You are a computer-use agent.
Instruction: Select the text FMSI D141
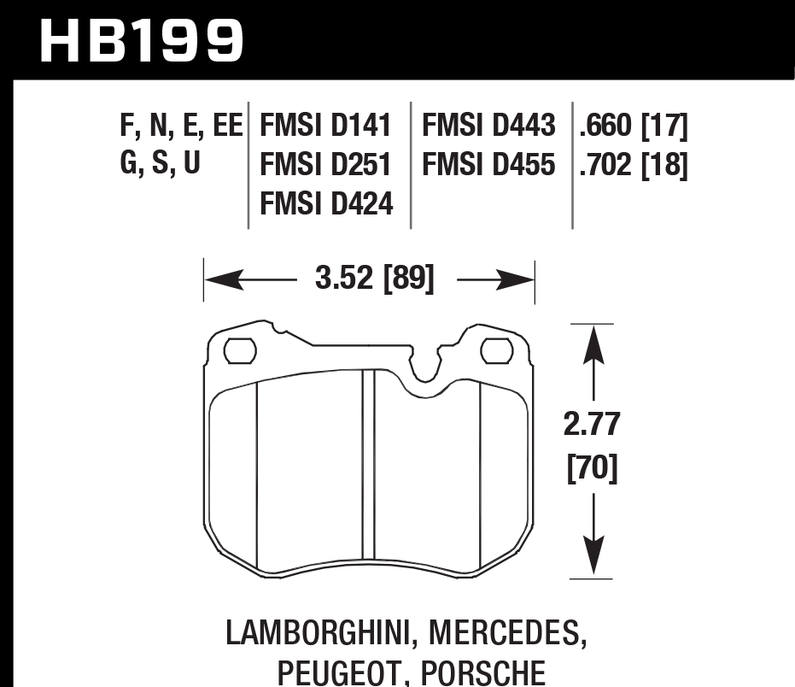click(x=325, y=126)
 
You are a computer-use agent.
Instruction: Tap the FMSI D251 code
click(x=325, y=164)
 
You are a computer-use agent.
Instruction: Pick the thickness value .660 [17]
click(x=633, y=126)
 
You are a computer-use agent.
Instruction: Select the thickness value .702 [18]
click(x=633, y=164)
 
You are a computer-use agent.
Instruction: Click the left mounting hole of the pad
click(x=240, y=350)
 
